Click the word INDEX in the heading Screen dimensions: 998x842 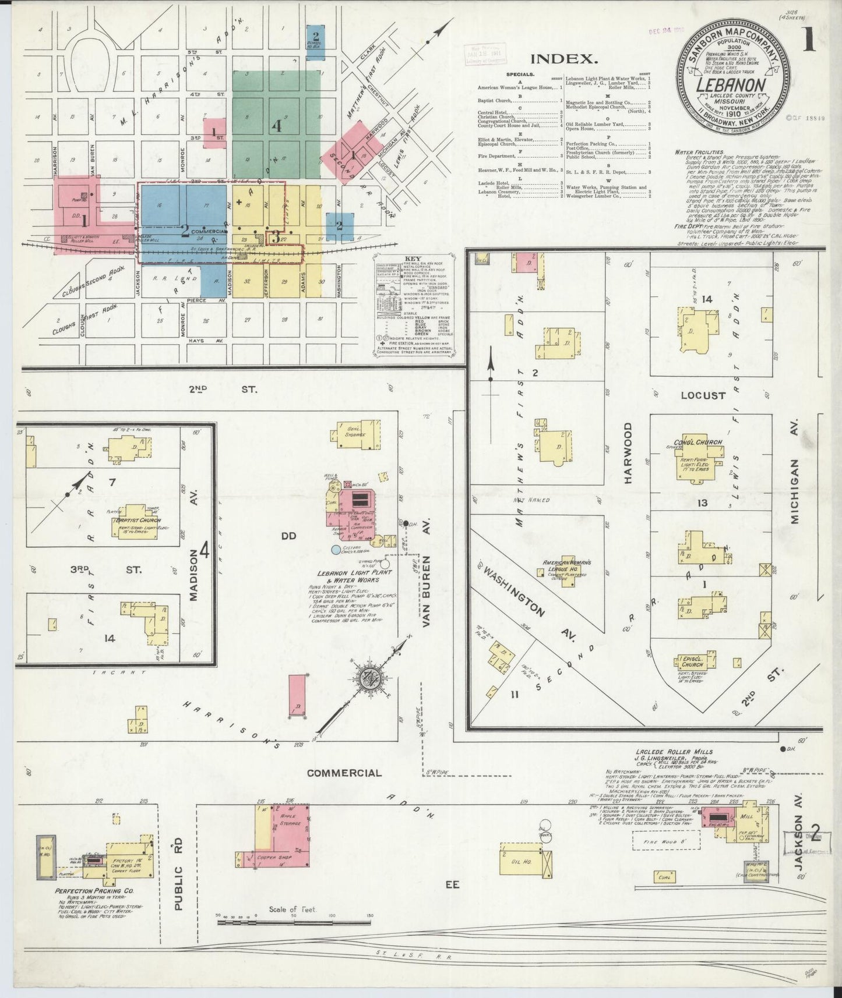pos(564,59)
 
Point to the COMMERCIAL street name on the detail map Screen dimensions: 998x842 pos(344,773)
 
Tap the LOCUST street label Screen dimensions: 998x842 pos(704,396)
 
